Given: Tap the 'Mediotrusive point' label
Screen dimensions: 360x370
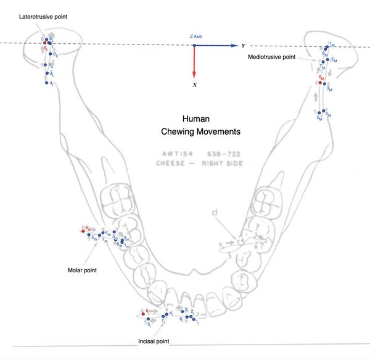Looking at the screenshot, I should (271, 56).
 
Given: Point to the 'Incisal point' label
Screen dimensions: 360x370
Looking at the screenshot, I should (154, 340).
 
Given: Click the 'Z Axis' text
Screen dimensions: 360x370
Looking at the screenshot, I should (195, 37).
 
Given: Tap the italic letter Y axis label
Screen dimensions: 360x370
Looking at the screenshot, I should (244, 46).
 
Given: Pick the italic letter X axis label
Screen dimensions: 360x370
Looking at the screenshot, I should (195, 85).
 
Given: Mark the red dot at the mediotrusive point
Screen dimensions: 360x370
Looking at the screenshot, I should (320, 82).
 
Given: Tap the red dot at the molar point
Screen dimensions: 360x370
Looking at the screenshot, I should (83, 230).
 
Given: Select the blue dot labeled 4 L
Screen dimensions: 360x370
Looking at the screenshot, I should (47, 82).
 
